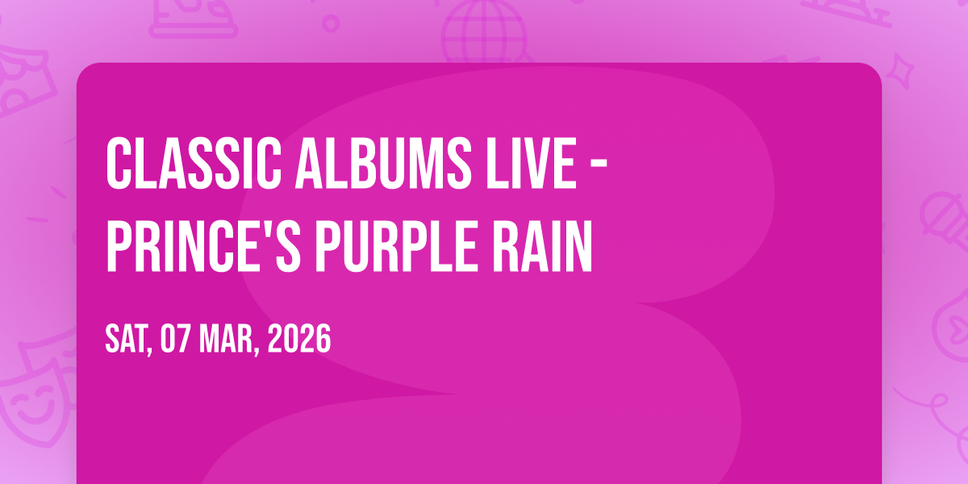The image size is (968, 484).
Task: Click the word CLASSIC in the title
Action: pos(194,163)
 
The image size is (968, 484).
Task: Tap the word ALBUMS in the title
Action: pos(383,163)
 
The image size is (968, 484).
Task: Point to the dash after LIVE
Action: pos(599,164)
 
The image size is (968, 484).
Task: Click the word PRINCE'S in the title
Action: pos(203,246)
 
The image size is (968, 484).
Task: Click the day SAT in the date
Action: pos(129,340)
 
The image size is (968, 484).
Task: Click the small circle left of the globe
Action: pos(331,23)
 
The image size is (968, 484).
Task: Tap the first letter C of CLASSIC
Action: pos(119,163)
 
